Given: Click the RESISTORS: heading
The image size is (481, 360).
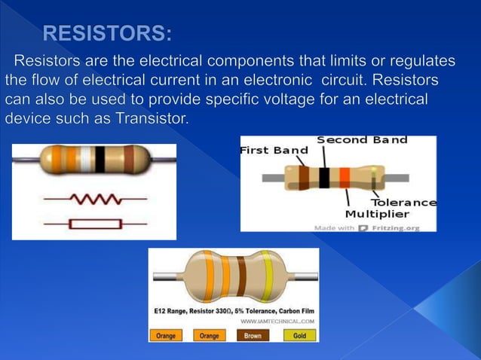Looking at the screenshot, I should pyautogui.click(x=107, y=33).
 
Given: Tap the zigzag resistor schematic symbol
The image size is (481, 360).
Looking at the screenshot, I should pyautogui.click(x=94, y=199).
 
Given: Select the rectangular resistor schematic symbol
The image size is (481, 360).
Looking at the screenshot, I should pyautogui.click(x=94, y=224).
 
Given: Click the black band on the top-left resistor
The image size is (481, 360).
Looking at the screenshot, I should pyautogui.click(x=100, y=158).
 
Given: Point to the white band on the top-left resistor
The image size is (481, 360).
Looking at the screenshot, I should pyautogui.click(x=85, y=158).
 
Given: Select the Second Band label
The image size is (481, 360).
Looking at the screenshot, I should pyautogui.click(x=362, y=140).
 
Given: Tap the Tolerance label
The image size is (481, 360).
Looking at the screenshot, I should pyautogui.click(x=404, y=202).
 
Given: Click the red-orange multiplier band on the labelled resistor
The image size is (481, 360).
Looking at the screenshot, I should pyautogui.click(x=345, y=178).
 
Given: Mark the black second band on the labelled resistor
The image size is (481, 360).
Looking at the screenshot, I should pyautogui.click(x=324, y=178).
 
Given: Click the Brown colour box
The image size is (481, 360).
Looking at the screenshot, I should pyautogui.click(x=253, y=335).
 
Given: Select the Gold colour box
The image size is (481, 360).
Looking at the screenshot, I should pyautogui.click(x=299, y=335).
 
